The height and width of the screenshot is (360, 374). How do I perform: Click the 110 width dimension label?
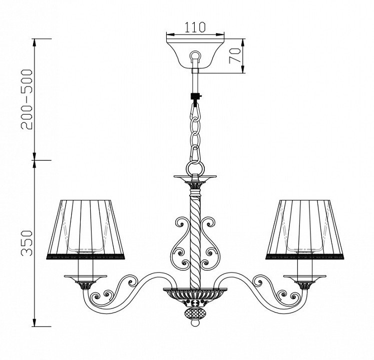click(195, 27)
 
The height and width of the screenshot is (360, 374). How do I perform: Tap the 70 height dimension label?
click(234, 55)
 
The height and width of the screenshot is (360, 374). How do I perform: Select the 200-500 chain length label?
click(26, 99)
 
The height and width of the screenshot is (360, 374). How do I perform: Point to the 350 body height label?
click(26, 243)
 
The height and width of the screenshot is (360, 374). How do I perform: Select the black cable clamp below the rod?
click(196, 96)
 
